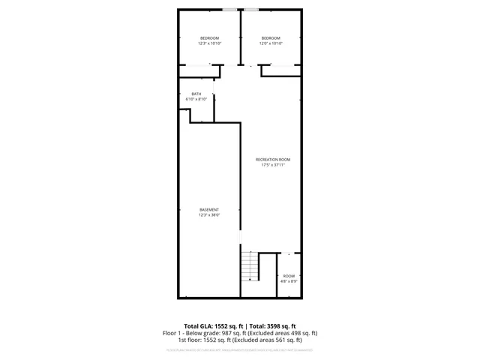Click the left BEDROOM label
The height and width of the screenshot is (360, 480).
coord(209,38)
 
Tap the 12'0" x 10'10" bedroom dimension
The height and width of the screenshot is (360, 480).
coord(271,43)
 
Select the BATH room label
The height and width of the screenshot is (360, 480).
coord(196,94)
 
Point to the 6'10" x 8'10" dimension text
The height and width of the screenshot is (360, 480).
coord(196,99)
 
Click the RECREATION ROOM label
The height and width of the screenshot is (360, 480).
coord(273,160)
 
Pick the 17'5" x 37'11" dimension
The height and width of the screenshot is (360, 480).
coord(273,165)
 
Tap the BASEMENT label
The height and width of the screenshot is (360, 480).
coord(209,209)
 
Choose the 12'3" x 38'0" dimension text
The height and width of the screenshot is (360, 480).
coord(209,215)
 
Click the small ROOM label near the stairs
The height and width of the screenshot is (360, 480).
coord(289,276)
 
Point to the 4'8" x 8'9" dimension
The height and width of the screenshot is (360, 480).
coord(289,281)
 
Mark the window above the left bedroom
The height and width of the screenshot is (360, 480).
coord(229,9)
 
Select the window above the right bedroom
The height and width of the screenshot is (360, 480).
coord(250,9)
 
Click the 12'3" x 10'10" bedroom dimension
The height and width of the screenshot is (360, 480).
coord(209,43)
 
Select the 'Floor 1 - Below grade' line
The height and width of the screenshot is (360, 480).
coord(240,333)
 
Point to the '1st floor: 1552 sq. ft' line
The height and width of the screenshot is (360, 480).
coord(240,340)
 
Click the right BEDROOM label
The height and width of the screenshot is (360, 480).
coord(271,38)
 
